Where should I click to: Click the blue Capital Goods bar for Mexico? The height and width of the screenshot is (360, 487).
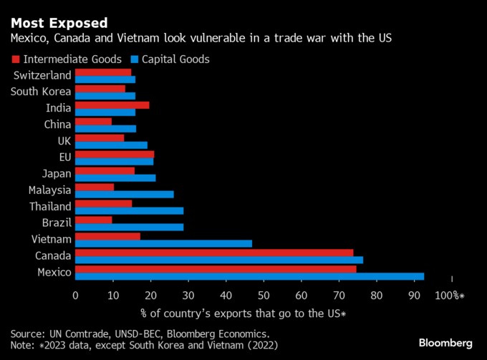tap(249, 276)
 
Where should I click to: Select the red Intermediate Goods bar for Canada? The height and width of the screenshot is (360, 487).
tap(214, 252)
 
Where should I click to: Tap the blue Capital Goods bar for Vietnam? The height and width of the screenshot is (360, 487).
tap(163, 243)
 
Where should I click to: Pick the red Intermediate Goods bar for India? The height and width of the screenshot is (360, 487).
tap(112, 104)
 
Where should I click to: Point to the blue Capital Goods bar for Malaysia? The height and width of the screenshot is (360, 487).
tap(125, 194)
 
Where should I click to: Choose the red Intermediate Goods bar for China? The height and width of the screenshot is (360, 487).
tap(94, 121)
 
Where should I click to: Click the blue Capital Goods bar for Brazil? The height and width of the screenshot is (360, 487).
tap(130, 227)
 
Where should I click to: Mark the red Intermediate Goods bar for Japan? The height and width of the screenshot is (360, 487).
tap(105, 170)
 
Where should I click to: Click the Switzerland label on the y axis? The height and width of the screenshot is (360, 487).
tap(42, 75)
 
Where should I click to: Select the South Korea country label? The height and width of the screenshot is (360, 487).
tap(41, 92)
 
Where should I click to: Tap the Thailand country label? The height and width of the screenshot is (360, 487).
tap(50, 206)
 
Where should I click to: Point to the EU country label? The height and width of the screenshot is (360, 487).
tap(64, 157)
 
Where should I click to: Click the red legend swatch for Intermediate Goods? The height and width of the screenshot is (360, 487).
tap(15, 59)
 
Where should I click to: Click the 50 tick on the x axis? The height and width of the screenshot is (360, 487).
tap(264, 295)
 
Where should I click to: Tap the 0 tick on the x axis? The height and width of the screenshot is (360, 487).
tap(76, 295)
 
